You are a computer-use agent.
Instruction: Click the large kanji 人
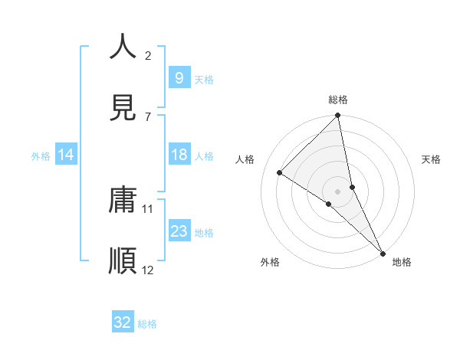pos(123,47)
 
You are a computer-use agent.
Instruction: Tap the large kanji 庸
pos(123,201)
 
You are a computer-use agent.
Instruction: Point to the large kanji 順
pos(123,261)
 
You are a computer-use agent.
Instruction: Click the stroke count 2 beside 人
pos(148,56)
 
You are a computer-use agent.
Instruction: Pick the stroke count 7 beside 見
pos(148,116)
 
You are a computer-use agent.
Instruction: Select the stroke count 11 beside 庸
pos(148,208)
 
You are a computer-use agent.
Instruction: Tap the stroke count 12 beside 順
pos(148,270)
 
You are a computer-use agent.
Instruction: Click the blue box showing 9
pos(179,77)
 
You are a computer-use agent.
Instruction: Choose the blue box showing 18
pos(179,155)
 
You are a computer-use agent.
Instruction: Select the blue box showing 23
pos(179,231)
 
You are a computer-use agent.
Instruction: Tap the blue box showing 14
pos(66,155)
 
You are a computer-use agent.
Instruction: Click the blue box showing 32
pos(123,322)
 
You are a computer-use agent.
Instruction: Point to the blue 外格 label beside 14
pos(41,155)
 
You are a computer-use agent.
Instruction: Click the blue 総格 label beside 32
pos(147,324)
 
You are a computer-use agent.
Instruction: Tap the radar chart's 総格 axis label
pos(338,100)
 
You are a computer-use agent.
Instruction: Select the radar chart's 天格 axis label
pos(431,159)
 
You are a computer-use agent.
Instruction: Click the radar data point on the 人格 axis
pos(280,173)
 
